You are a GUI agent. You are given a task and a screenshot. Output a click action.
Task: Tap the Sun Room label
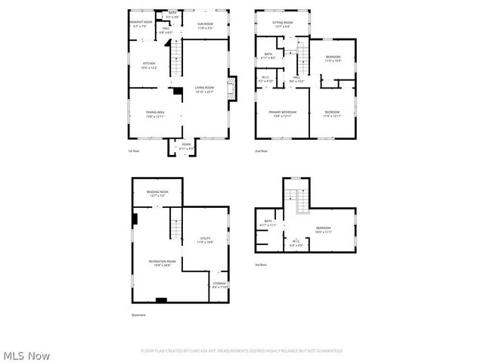[205, 25]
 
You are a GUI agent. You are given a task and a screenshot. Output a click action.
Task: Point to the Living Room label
[204, 89]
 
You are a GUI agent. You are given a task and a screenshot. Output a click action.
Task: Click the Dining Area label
[155, 114]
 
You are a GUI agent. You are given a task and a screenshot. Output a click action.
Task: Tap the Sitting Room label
[282, 24]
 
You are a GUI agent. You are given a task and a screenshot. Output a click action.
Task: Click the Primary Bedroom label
[282, 114]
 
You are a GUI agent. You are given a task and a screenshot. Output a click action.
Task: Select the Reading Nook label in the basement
[158, 194]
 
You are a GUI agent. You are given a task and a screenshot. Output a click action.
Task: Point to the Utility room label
[205, 240]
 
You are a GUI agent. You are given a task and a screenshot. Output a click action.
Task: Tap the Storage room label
[219, 285]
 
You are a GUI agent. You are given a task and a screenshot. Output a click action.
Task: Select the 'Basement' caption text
[138, 315]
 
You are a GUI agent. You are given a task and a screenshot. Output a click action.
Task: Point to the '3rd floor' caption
[261, 264]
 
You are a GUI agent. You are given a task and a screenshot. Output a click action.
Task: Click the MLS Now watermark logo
[26, 355]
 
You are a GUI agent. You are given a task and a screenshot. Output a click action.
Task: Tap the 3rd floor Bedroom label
[323, 230]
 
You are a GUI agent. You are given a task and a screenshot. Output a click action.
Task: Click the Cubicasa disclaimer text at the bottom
[241, 351]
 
